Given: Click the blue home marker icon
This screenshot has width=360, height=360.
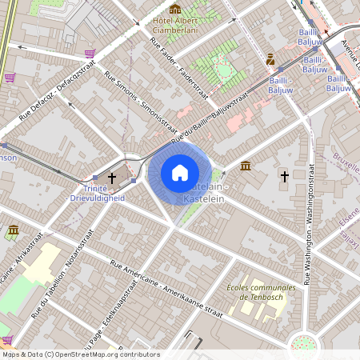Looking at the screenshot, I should (x=179, y=173).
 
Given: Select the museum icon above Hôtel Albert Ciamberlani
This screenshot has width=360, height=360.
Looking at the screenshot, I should (x=175, y=9).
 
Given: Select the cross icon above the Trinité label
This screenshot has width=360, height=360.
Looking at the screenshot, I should (x=112, y=177).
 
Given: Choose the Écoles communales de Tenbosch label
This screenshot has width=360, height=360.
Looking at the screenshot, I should (x=262, y=294).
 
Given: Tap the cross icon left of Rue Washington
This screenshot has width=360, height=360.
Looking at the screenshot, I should (x=284, y=174).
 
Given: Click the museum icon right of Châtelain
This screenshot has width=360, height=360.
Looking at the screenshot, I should (x=245, y=166).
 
